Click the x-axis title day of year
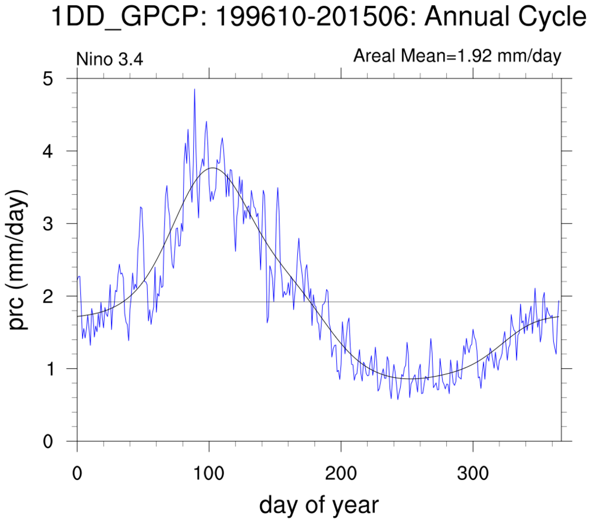click(x=319, y=504)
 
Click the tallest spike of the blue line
click(x=194, y=89)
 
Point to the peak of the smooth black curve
click(x=212, y=168)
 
